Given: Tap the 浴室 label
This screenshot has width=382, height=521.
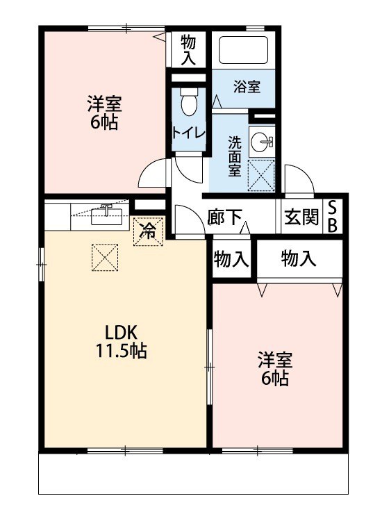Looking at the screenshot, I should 247,87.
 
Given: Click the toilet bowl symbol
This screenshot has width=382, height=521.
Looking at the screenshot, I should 188,104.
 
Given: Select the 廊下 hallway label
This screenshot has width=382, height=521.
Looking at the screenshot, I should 224,217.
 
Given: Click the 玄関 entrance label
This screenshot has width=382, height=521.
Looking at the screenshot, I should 301,217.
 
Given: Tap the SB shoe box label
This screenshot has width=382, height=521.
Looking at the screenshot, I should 333,217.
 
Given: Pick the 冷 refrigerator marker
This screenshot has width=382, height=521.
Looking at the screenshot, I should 148,231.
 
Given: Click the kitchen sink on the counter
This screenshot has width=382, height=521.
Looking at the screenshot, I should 107,213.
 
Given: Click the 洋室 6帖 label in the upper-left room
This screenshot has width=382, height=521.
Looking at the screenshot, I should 104,114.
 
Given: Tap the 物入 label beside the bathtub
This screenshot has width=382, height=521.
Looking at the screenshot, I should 188,50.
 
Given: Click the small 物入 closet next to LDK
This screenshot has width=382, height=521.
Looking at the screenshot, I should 231,260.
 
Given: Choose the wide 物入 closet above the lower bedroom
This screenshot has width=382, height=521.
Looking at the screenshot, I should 299,259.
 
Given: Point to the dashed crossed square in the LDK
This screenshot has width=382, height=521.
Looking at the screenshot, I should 105,260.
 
